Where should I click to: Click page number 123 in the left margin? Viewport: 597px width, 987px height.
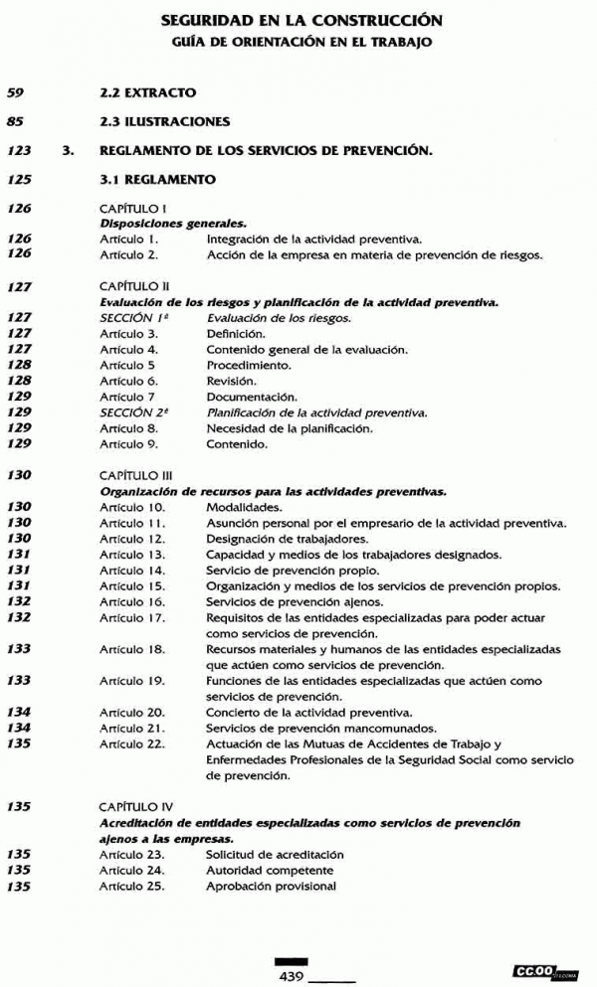pyautogui.click(x=19, y=152)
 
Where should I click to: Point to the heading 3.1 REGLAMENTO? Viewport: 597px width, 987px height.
pyautogui.click(x=151, y=182)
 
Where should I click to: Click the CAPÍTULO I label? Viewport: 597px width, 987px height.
pyautogui.click(x=132, y=211)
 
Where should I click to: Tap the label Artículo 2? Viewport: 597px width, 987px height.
pyautogui.click(x=129, y=254)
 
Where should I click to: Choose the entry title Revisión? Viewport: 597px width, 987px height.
pyautogui.click(x=231, y=381)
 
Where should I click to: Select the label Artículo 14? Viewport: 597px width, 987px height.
pyautogui.click(x=132, y=571)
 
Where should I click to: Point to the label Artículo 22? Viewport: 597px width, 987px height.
pyautogui.click(x=132, y=744)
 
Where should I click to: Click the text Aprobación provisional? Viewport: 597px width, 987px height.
pyautogui.click(x=271, y=887)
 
